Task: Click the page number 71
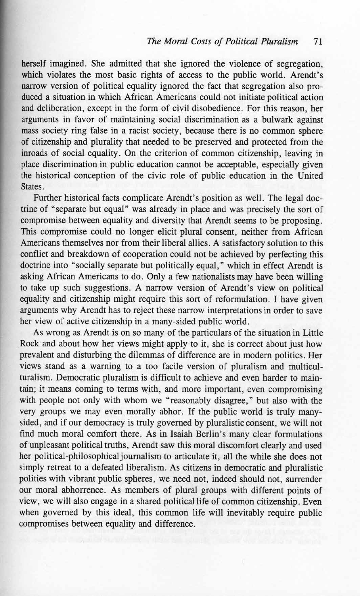(317, 42)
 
